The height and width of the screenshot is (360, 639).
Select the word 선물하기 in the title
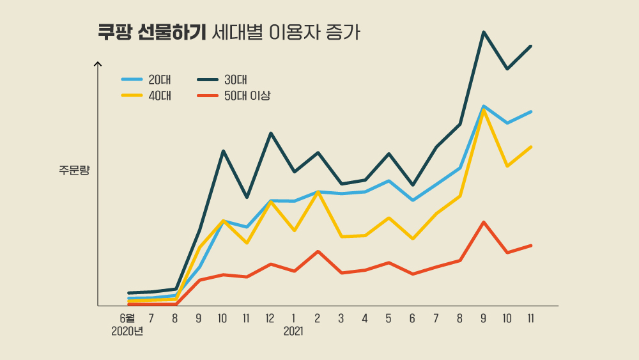click(x=171, y=33)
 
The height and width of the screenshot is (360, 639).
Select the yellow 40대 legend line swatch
click(x=132, y=96)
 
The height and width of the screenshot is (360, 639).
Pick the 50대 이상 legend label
click(x=247, y=96)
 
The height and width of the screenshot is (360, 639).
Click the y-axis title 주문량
click(x=74, y=170)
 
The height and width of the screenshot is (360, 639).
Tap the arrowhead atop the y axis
click(x=98, y=63)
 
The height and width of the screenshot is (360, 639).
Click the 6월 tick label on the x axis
click(x=127, y=318)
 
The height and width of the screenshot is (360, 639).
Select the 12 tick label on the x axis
click(x=270, y=318)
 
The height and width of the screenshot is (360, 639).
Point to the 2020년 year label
click(x=127, y=332)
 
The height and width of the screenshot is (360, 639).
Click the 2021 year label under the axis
click(x=293, y=332)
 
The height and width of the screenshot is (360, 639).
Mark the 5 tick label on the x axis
click(x=388, y=318)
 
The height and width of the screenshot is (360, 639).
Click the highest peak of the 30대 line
click(x=484, y=32)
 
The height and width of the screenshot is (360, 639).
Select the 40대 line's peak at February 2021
click(x=318, y=192)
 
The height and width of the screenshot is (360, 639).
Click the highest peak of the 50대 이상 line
click(x=484, y=222)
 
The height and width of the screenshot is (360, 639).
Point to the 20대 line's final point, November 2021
click(x=531, y=112)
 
